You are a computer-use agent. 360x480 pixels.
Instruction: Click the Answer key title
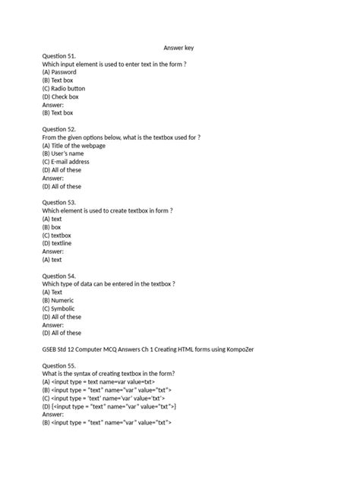click(x=179, y=48)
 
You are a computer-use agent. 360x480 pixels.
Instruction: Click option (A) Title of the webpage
click(x=79, y=146)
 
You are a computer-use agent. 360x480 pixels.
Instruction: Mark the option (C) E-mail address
click(x=71, y=162)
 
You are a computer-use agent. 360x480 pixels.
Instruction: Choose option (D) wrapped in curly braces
click(x=109, y=406)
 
